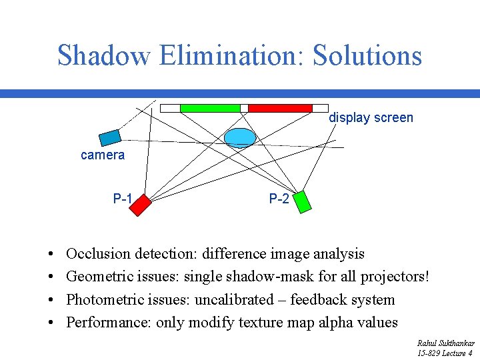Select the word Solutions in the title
(x=367, y=55)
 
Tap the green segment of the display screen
(x=210, y=108)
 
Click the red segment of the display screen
(x=280, y=108)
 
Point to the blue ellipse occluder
(x=240, y=137)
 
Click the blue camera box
(x=110, y=138)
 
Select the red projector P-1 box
(x=140, y=205)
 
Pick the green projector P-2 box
(x=302, y=201)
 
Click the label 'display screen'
(x=371, y=118)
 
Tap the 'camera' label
(x=103, y=155)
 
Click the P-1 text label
(x=123, y=199)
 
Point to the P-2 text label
(x=279, y=199)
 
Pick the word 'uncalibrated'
(x=234, y=300)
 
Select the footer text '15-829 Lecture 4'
(x=445, y=353)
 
